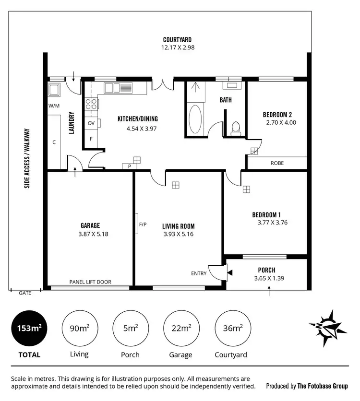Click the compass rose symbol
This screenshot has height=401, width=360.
[329, 328]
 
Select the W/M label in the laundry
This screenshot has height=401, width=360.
[54, 106]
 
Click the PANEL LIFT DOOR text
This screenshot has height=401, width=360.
[90, 282]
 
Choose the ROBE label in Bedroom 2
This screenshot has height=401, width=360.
[277, 163]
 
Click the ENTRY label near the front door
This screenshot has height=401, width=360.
[199, 273]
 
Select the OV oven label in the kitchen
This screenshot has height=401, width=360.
[91, 123]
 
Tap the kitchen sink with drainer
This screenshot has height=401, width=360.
[118, 88]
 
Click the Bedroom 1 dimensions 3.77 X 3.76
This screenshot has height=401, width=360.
[273, 222]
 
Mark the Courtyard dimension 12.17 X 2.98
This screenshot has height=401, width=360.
[178, 47]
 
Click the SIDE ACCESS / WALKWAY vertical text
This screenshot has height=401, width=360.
[27, 158]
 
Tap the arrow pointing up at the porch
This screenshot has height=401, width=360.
[269, 289]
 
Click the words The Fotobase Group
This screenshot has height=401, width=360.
[323, 386]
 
